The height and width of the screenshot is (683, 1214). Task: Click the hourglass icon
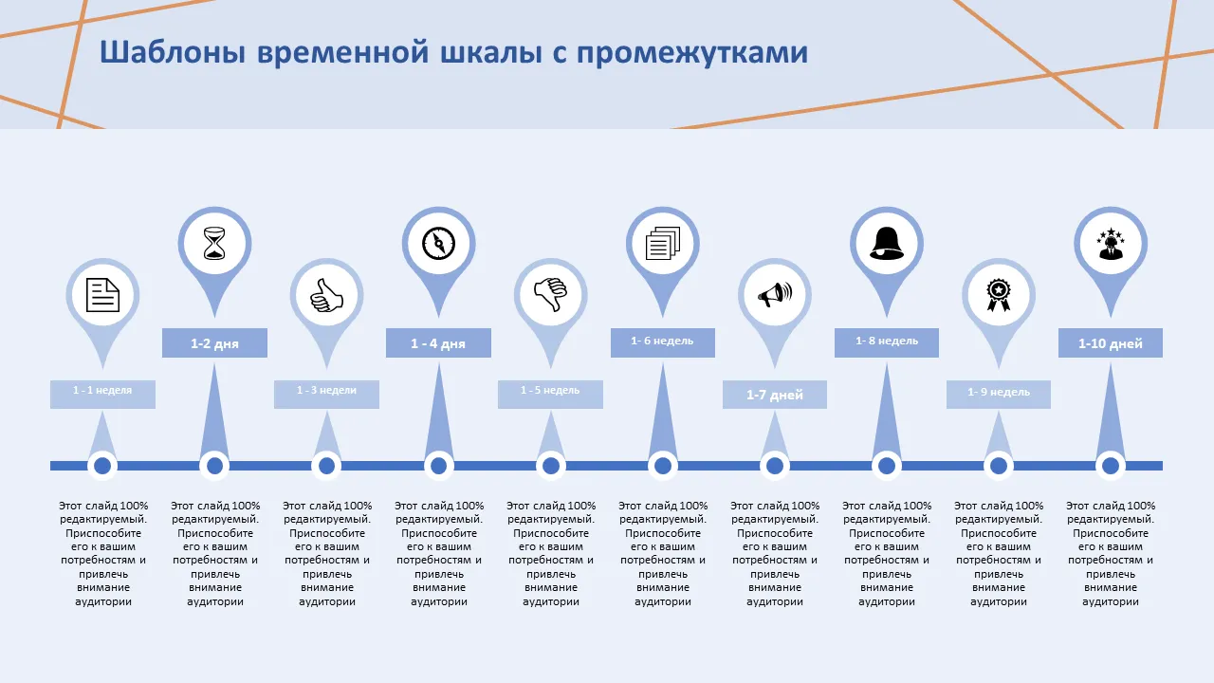215,244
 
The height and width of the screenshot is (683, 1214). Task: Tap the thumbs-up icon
326,295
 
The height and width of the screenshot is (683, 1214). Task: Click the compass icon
439,244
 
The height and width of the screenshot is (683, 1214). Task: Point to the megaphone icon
775,295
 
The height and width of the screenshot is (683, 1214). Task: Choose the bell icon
887,244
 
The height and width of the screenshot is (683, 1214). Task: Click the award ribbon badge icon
998,295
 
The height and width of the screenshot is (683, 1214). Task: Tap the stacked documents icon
663,244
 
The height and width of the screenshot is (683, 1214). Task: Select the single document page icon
102,295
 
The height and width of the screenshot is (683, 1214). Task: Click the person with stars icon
1110,244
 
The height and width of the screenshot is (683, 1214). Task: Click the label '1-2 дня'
214,343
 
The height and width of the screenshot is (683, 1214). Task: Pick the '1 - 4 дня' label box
438,343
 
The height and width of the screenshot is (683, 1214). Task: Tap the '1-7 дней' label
775,395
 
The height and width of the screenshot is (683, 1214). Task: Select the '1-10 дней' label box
1110,343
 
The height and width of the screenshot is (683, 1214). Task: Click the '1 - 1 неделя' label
102,391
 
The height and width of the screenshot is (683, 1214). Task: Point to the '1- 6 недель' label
662,341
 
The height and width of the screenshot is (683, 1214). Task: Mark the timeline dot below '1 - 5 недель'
550,466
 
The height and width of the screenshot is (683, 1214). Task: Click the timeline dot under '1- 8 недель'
887,466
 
